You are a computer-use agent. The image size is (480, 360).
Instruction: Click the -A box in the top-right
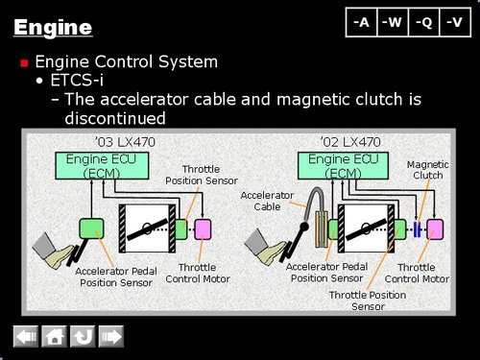pos(362,22)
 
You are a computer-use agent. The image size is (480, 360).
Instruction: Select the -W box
pos(393,22)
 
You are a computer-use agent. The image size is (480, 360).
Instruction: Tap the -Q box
pos(424,22)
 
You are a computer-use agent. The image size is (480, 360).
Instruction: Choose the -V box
pos(455,22)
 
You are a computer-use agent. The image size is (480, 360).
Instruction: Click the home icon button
pos(54,336)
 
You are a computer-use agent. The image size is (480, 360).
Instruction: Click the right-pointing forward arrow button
pos(111,336)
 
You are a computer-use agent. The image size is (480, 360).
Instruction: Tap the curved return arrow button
pos(83,336)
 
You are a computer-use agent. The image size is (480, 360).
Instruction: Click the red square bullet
pos(24,62)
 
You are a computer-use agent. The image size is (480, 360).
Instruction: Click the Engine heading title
pos(53,27)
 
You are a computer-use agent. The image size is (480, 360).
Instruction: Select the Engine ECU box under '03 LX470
pos(102,166)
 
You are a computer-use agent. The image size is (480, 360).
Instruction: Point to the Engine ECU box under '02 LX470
pos(343,166)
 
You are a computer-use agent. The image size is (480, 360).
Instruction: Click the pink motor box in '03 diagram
pos(203,229)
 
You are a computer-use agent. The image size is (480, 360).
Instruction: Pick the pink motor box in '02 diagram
pos(435,229)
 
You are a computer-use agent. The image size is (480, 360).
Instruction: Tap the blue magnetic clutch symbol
pos(417,229)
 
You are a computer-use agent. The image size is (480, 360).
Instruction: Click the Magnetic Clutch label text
pos(428,170)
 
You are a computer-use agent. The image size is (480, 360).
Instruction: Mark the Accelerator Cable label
pos(267,201)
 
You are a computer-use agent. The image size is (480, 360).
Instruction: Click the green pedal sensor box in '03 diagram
pos(91,228)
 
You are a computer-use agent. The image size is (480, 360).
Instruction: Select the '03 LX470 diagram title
pos(126,142)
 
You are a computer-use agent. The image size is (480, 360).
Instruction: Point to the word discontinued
pos(115,118)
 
